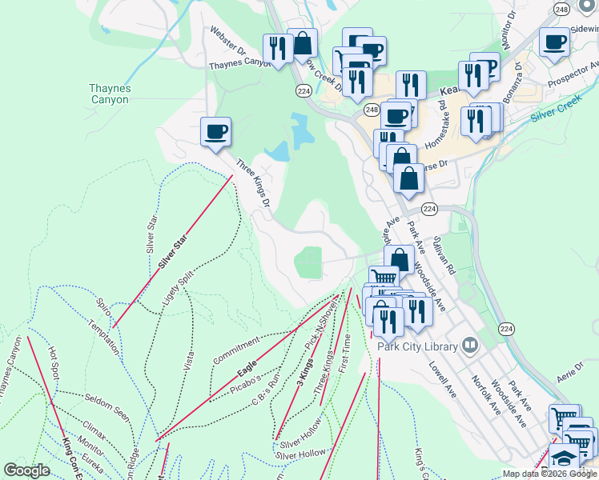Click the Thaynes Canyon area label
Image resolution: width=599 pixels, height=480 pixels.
(x=109, y=94)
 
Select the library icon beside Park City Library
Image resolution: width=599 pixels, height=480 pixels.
(x=470, y=346)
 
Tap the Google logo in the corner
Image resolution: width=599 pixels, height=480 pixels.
(x=26, y=470)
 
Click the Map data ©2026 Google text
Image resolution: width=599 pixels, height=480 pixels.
(x=549, y=474)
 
